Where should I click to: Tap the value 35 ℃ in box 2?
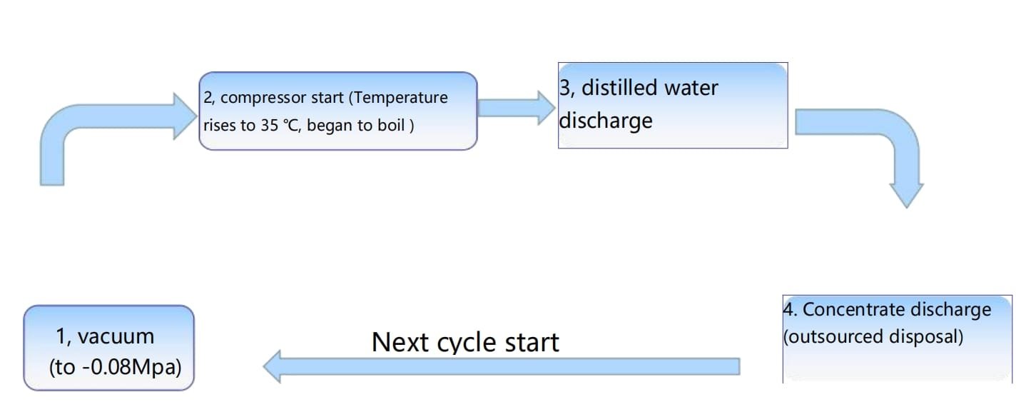(281, 125)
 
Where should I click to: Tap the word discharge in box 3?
(606, 121)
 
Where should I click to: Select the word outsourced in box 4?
(835, 337)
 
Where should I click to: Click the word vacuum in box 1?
(116, 337)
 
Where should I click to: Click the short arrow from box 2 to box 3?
(516, 109)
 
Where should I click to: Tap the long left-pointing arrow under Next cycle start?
(501, 366)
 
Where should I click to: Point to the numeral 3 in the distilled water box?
(564, 88)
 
